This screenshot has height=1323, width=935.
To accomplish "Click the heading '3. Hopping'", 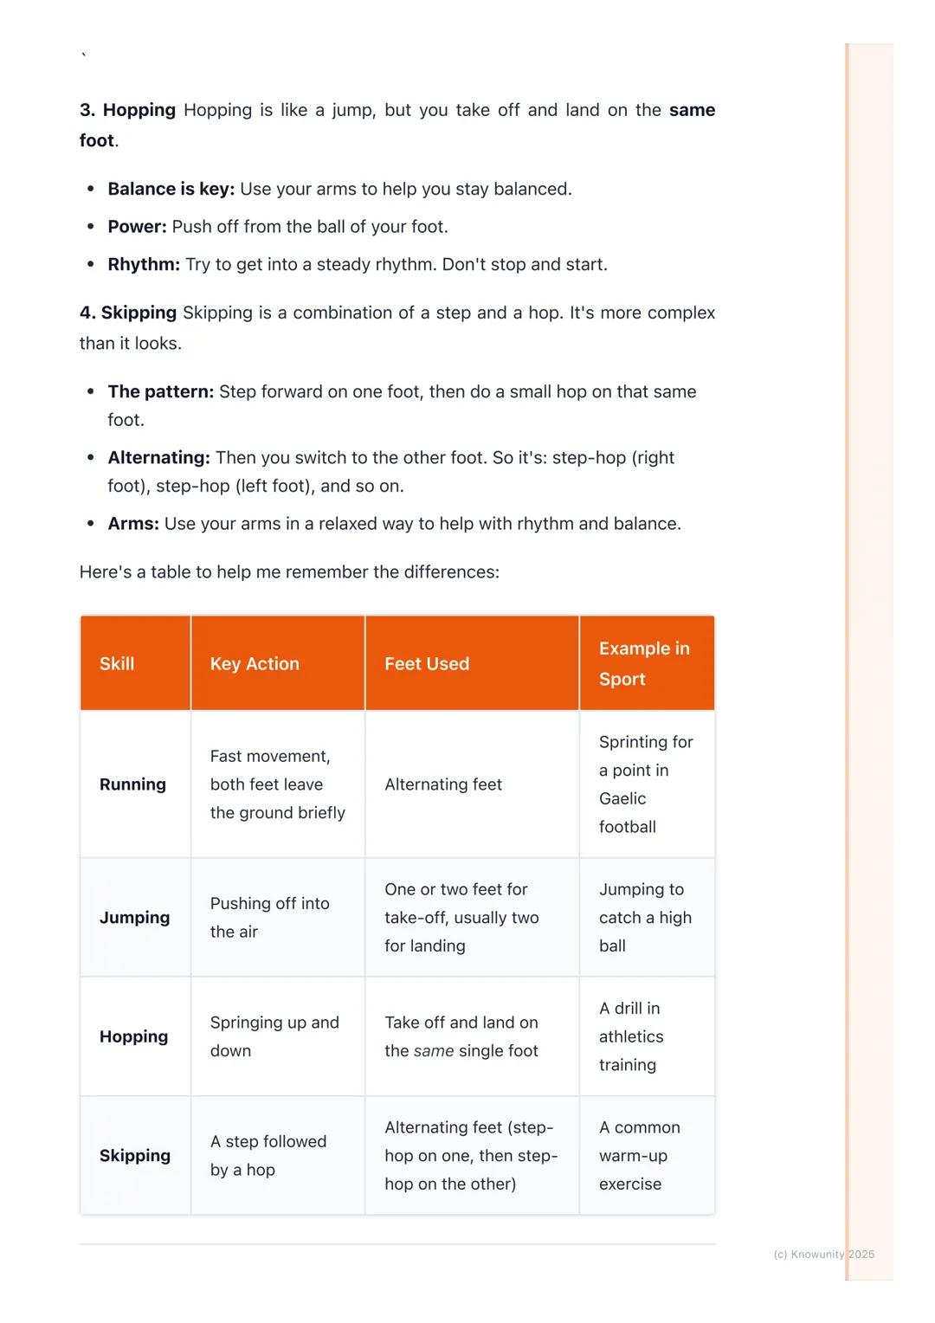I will pos(127,110).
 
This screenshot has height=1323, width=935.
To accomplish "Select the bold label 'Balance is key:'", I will pos(171,189).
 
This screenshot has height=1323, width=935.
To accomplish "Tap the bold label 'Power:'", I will pos(137,227).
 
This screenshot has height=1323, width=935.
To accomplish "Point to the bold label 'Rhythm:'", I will pos(144,264).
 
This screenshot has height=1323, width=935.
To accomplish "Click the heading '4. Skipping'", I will pos(128,313).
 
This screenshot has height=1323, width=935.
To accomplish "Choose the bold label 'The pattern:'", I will pos(160,391).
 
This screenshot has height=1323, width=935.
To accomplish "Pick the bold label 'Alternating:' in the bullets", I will pos(158,457).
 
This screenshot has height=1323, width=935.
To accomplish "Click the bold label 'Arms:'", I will pos(133,524).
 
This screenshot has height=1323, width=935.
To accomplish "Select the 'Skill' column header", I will pos(117,664).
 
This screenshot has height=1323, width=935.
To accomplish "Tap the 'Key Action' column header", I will pos(255,664).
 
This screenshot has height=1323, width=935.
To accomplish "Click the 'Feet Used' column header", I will pos(427,664).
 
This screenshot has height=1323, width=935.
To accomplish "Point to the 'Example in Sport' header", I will pos(644,664).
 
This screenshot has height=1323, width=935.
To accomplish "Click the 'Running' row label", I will pos(132,784).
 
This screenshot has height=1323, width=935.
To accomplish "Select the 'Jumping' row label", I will pos(134,918).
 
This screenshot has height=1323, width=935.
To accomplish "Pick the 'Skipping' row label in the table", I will pos(135,1156).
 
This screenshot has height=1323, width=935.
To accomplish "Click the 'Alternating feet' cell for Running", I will pos(443,784).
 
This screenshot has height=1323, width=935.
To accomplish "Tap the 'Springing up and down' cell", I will pos(274,1036).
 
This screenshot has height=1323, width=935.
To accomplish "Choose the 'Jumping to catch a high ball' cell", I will pos(645,918).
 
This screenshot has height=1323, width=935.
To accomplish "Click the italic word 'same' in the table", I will pos(434,1051).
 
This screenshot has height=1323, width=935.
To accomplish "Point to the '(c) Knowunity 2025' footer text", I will pos(823,1255).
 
